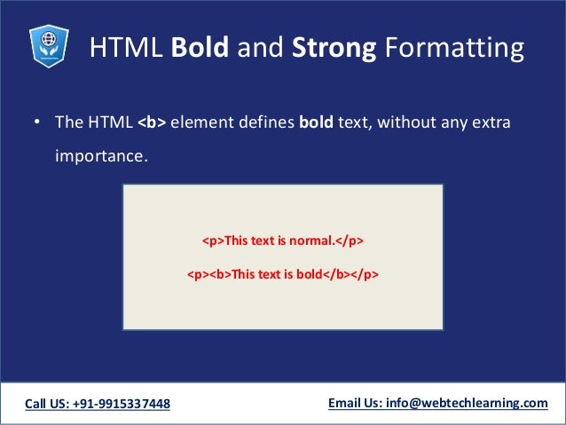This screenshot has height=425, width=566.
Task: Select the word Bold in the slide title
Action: [x=206, y=49]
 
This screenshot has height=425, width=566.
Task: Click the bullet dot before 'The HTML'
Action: [x=37, y=122]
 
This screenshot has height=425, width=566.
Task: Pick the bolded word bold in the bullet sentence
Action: [x=315, y=122]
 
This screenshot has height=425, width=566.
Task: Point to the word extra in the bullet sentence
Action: [x=491, y=122]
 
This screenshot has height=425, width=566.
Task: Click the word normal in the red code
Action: [x=311, y=240]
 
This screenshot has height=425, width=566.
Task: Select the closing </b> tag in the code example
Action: [x=335, y=274]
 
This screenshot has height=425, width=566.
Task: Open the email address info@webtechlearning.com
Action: [x=467, y=403]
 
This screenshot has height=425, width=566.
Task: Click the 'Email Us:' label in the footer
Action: [x=355, y=403]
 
